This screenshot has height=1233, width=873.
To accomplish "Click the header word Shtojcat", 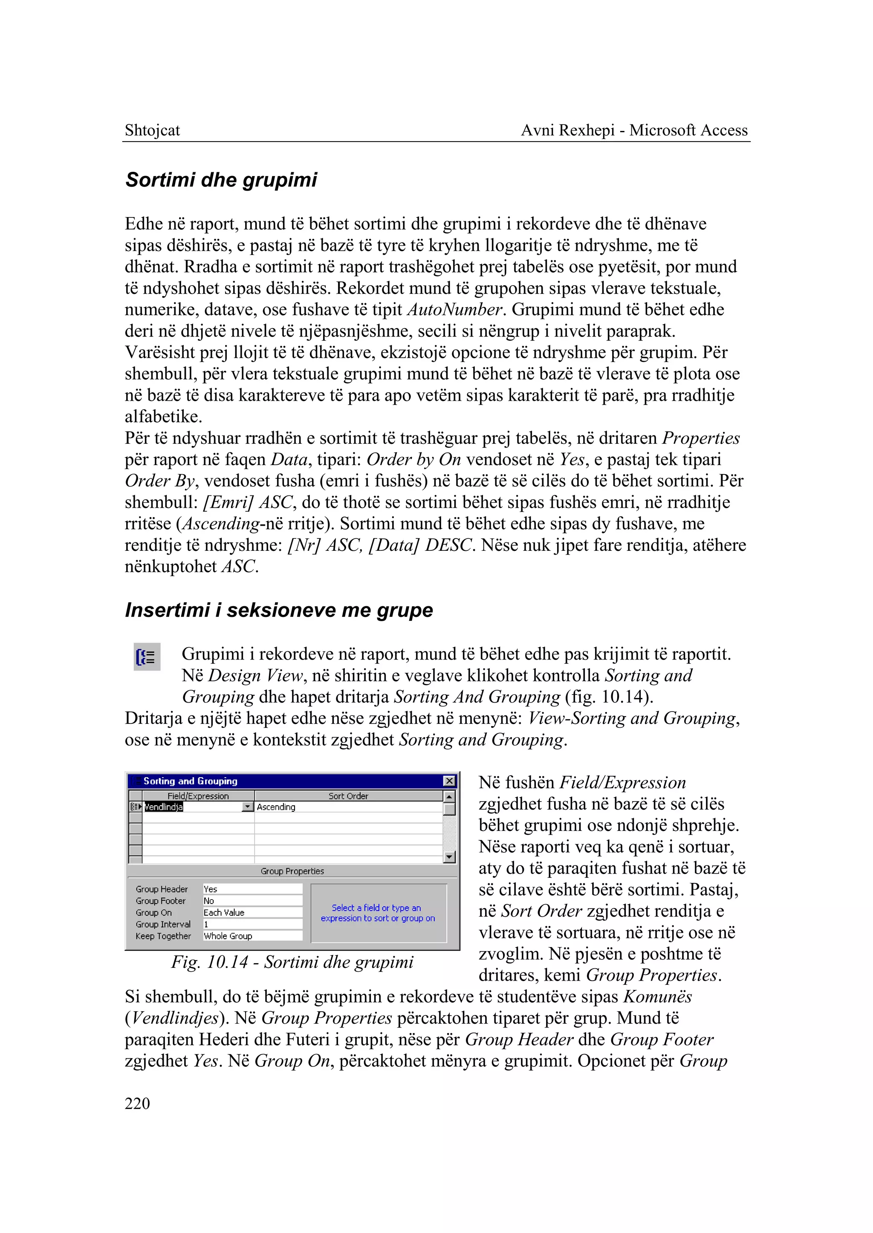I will [152, 130].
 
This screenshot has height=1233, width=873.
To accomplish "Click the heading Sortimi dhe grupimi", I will [221, 179].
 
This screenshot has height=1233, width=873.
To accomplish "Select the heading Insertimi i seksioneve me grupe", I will [278, 610].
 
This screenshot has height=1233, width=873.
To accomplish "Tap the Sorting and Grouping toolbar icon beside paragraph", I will [147, 657].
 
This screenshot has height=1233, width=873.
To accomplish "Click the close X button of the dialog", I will [449, 781].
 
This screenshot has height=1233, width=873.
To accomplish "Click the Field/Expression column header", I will [198, 796].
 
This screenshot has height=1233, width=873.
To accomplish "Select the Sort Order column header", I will [348, 796].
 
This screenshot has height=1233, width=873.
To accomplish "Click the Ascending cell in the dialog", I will [276, 807].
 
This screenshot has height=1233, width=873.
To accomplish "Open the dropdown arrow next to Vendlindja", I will [247, 807].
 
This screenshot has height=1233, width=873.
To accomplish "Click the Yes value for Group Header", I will [211, 889].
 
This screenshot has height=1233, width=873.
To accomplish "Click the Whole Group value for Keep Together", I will [228, 936].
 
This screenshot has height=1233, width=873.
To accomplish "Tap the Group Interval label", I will [163, 924].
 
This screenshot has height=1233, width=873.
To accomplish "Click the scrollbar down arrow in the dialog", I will [449, 857].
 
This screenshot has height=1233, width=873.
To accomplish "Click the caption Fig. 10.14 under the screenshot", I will [292, 962].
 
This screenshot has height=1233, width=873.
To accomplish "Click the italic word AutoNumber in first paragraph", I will [455, 310].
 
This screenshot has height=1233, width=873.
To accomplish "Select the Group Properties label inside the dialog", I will [292, 871].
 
